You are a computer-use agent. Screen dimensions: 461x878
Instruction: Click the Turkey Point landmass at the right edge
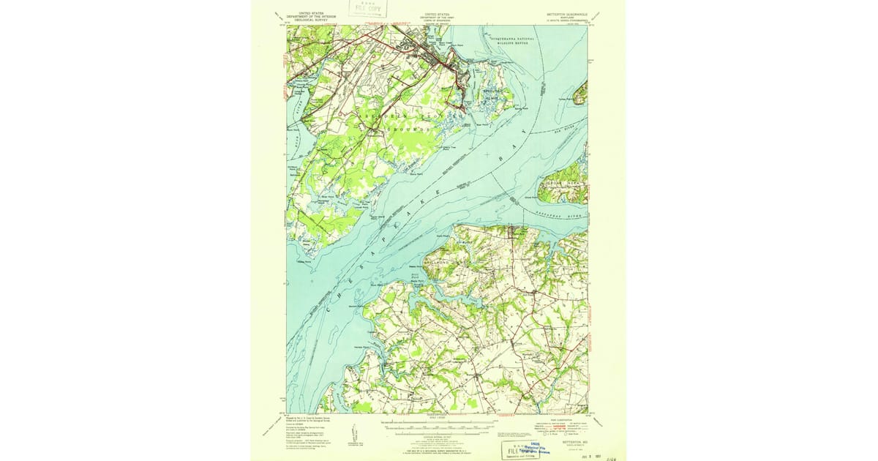click(580, 93)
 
